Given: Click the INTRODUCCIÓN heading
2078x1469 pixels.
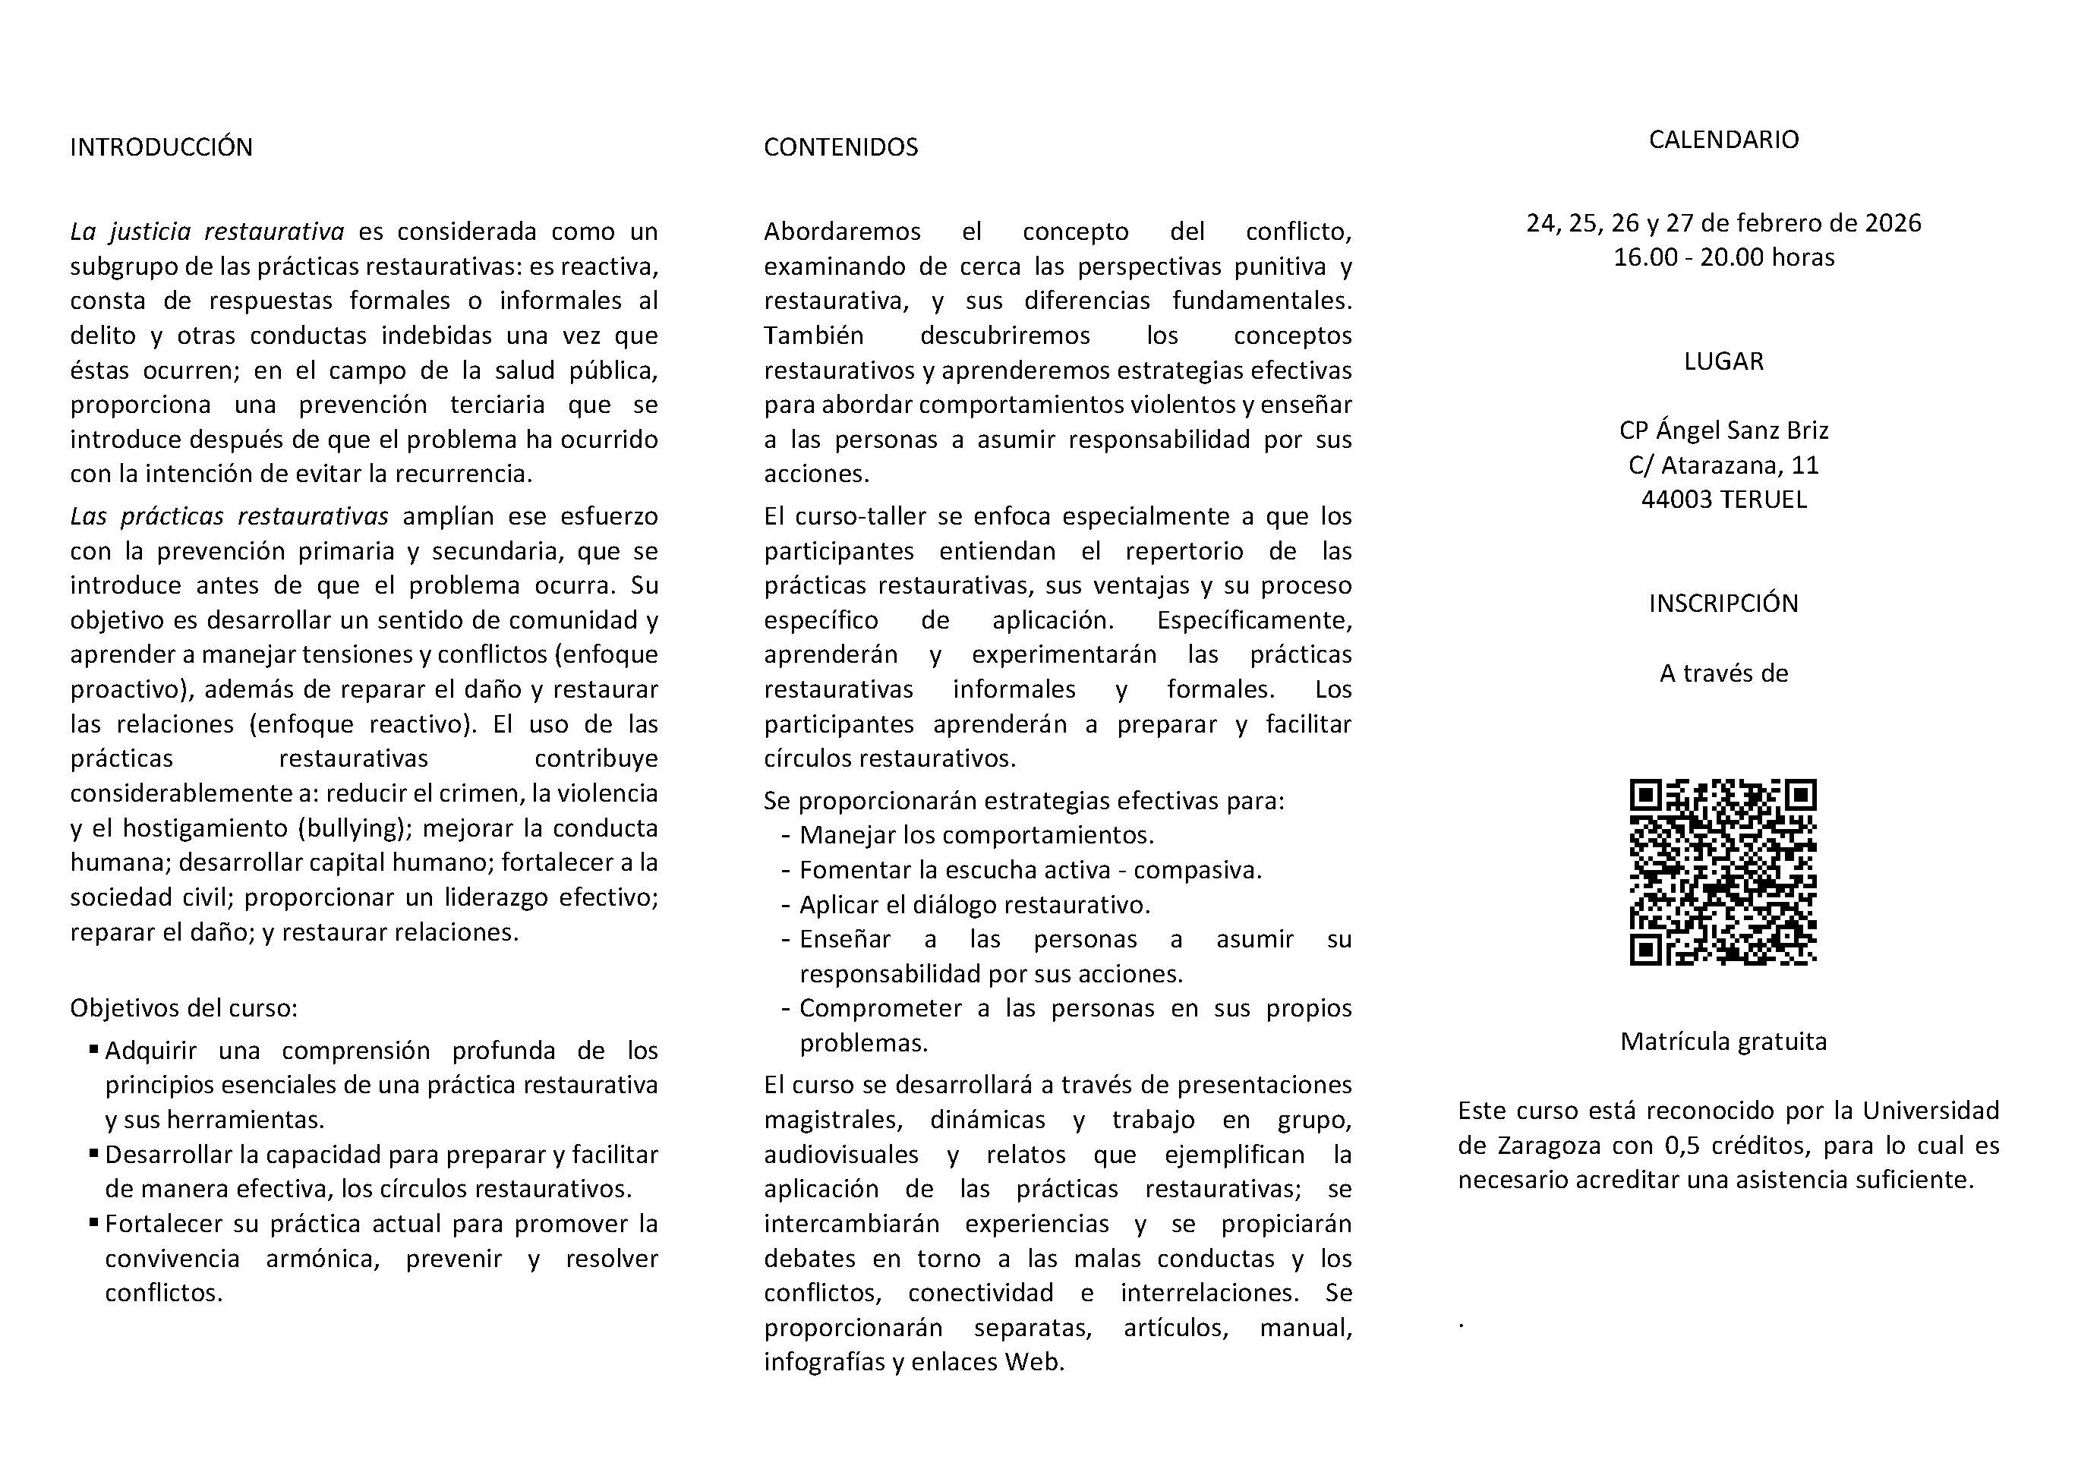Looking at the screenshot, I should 161,147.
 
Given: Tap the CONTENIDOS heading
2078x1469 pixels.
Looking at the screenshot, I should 840,147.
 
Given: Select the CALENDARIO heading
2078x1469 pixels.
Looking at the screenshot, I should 1723,140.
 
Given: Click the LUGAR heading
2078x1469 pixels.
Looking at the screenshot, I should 1723,361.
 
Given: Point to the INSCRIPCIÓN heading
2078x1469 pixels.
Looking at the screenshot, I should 1723,603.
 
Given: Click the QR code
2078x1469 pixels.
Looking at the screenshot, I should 1723,872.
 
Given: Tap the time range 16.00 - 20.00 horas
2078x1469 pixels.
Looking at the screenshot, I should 1723,257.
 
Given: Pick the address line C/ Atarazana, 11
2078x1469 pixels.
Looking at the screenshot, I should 1723,465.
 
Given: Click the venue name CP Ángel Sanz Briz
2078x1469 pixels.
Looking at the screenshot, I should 1723,430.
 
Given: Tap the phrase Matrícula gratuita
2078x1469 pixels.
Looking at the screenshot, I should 1723,1042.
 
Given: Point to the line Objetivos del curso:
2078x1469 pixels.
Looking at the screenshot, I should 184,1007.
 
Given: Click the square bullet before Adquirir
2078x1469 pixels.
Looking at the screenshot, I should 93,1049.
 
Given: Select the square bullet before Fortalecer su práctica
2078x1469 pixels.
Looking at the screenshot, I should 93,1222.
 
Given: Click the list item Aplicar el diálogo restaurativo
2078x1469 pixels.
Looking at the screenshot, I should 974,905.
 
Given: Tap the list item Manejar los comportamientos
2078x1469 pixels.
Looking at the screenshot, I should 976,834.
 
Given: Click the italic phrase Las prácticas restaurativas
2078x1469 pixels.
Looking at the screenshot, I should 229,516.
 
